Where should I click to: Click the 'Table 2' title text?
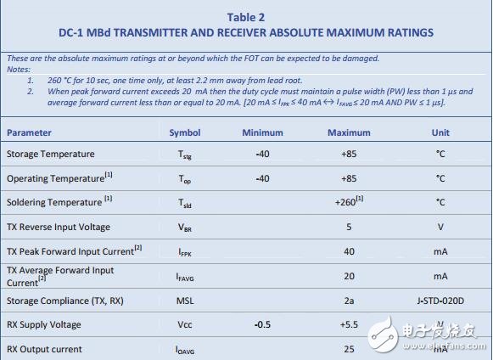(x=246, y=16)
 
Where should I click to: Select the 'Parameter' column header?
(x=29, y=132)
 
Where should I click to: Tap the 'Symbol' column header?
(x=184, y=132)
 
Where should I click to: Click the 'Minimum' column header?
(x=262, y=132)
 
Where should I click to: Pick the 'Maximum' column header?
(x=350, y=132)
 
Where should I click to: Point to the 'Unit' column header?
(x=440, y=132)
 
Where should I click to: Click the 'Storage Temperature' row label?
(x=50, y=154)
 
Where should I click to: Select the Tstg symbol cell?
(x=184, y=155)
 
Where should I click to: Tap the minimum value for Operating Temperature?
(x=262, y=178)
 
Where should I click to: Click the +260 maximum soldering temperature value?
(x=350, y=202)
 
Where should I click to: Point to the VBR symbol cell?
(x=184, y=228)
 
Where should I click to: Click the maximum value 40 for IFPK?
(x=350, y=251)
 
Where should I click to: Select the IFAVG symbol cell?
(x=184, y=277)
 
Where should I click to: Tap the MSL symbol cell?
(x=184, y=301)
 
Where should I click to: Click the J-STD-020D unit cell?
(x=440, y=301)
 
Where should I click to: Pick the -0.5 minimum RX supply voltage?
(x=262, y=324)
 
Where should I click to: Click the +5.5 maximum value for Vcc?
(x=350, y=324)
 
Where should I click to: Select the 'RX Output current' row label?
(x=46, y=348)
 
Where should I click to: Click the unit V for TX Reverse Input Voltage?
(x=440, y=227)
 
